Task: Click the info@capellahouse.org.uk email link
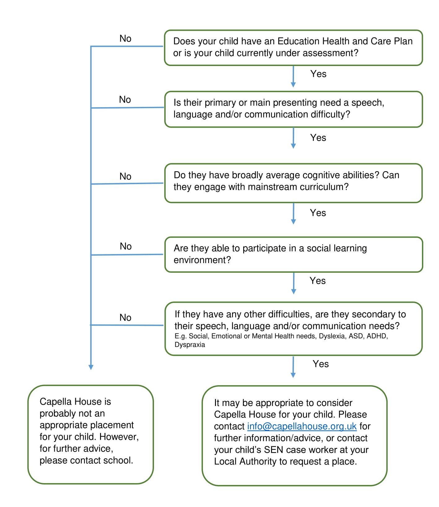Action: coord(302,426)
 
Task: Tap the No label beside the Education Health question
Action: coord(125,38)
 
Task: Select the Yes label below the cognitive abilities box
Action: coord(318,213)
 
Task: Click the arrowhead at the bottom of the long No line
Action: coord(91,367)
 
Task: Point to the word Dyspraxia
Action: coord(190,345)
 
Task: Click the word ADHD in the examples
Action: coord(377,336)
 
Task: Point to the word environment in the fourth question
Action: coord(202,260)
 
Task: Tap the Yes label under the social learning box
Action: coord(318,281)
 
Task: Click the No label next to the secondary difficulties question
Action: coord(125,317)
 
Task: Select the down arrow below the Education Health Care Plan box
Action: coord(293,77)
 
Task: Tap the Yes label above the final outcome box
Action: coord(321,364)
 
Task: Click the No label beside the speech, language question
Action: coord(125,99)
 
